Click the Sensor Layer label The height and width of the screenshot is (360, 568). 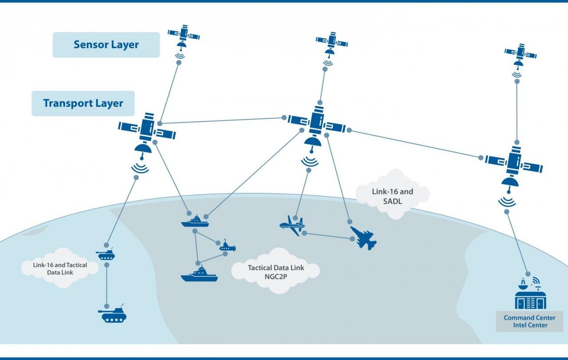click(x=106, y=45)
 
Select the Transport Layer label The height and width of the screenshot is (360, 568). click(x=83, y=103)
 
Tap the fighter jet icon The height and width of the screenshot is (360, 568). click(x=363, y=238)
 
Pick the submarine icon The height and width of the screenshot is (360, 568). click(x=228, y=246)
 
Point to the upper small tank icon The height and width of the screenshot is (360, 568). click(x=106, y=254)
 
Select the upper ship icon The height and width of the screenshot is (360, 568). click(x=195, y=221)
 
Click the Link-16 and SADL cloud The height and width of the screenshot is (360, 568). click(x=392, y=196)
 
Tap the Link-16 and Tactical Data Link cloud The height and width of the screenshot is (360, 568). click(x=60, y=268)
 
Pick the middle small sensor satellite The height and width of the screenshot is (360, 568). click(x=331, y=43)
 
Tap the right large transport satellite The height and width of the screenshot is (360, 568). click(x=514, y=163)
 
